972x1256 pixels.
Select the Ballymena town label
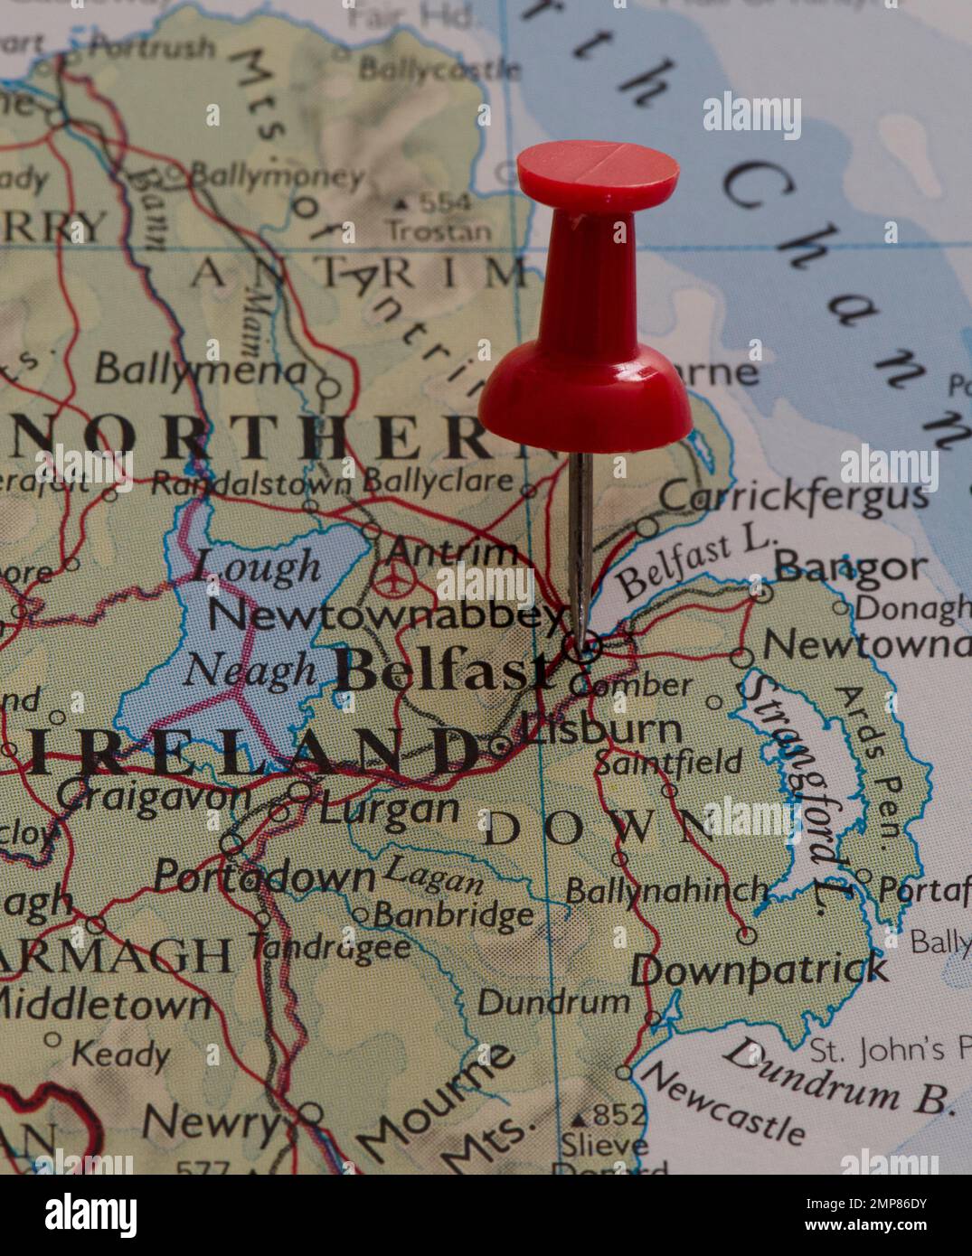point(199,369)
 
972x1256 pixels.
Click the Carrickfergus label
point(794,496)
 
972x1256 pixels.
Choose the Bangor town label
point(851,567)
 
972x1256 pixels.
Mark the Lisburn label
point(602,729)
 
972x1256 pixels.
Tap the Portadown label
point(263,875)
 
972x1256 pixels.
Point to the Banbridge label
point(454,916)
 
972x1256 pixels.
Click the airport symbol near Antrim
point(392,578)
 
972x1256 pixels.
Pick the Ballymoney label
point(276,174)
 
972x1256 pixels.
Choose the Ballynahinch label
point(665,891)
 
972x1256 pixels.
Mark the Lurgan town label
point(390,808)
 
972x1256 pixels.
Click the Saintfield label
point(668,762)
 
